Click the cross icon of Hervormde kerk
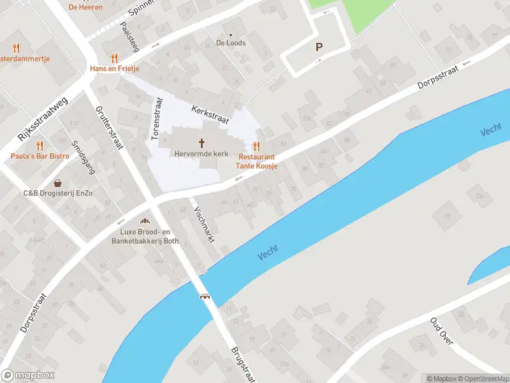(202, 142)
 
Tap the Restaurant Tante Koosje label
(257, 161)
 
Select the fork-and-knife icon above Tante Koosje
(257, 146)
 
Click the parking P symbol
(319, 47)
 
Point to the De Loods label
(231, 43)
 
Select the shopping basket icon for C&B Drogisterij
(58, 183)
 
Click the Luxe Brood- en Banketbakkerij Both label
(145, 237)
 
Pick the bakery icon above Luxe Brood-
(145, 222)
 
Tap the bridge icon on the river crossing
(205, 296)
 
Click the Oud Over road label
(441, 331)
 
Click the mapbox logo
(28, 375)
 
